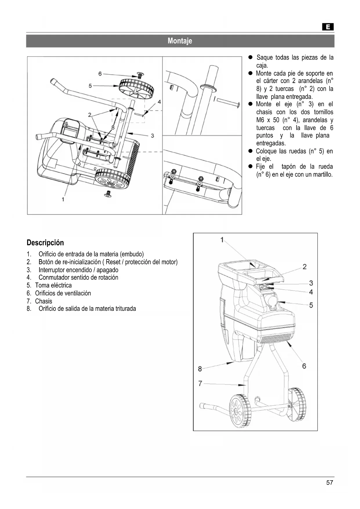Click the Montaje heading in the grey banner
[180, 41]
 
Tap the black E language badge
[328, 27]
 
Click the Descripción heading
[45, 243]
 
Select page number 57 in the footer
[330, 483]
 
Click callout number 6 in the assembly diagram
[100, 74]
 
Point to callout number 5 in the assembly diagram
[91, 86]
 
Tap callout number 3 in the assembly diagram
[152, 136]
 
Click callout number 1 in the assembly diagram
[63, 199]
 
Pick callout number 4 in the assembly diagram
[159, 102]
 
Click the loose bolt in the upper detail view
[228, 103]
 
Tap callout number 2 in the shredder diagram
[305, 267]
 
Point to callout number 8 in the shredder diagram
[200, 369]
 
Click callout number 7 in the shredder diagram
[200, 384]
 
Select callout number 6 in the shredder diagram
[304, 366]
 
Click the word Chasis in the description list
[44, 301]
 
